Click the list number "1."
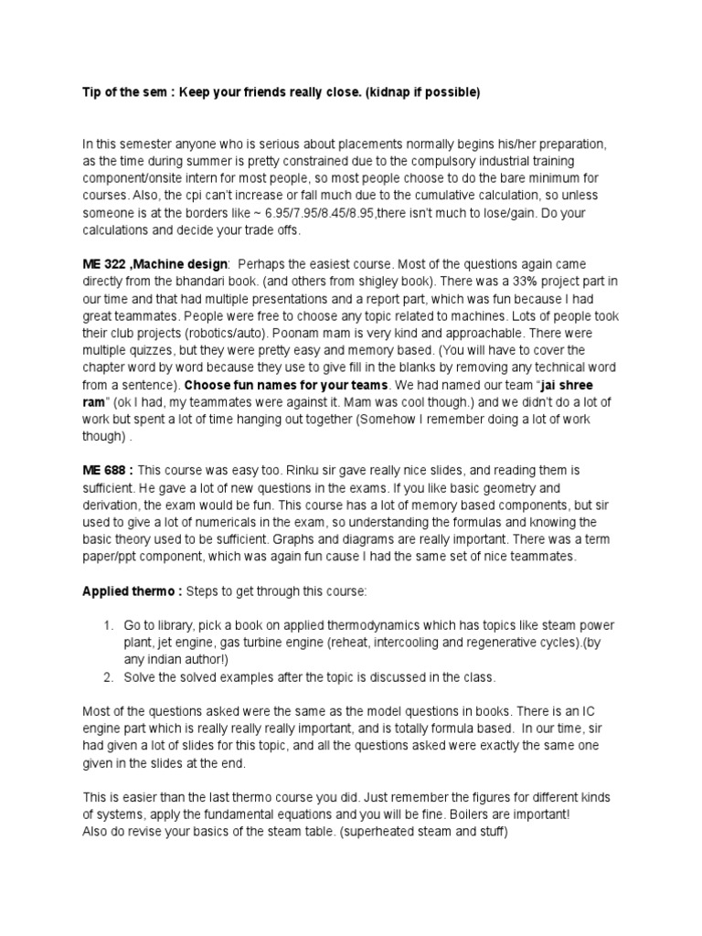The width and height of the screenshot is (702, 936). [x=109, y=625]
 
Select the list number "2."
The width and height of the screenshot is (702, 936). [x=109, y=676]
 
